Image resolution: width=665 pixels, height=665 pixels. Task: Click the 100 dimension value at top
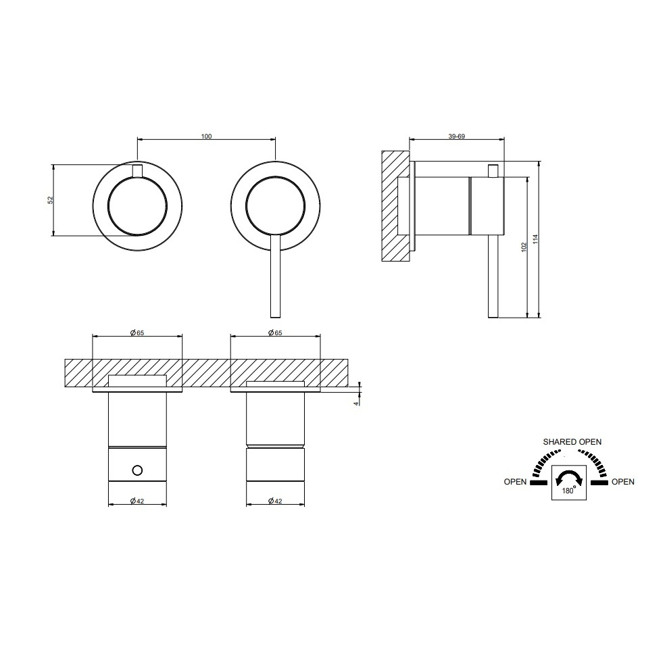pyautogui.click(x=206, y=136)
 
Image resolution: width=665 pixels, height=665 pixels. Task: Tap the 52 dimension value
pyautogui.click(x=51, y=200)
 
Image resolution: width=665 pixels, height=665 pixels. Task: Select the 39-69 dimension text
pyautogui.click(x=457, y=136)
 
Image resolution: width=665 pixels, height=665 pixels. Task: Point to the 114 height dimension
pyautogui.click(x=535, y=239)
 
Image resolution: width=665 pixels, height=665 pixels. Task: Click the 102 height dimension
pyautogui.click(x=524, y=247)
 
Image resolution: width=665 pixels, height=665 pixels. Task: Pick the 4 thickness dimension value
pyautogui.click(x=355, y=403)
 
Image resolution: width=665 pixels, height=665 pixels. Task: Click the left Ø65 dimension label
pyautogui.click(x=137, y=333)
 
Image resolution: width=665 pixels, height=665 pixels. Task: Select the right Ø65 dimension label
pyautogui.click(x=275, y=333)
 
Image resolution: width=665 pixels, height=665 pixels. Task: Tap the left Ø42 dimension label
pyautogui.click(x=137, y=501)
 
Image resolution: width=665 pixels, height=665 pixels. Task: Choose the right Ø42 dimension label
pyautogui.click(x=275, y=501)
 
